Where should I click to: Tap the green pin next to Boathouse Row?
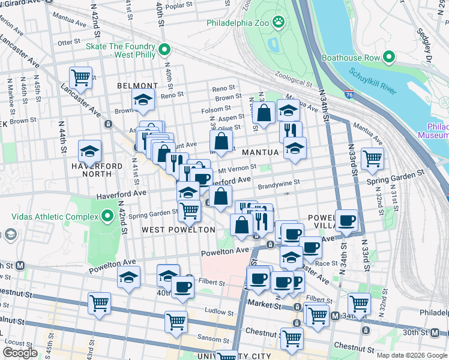pyautogui.click(x=388, y=58)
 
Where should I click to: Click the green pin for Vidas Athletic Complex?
pyautogui.click(x=107, y=215)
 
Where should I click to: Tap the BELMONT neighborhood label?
pyautogui.click(x=137, y=86)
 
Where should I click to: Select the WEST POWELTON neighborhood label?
pyautogui.click(x=178, y=230)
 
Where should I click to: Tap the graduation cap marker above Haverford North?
pyautogui.click(x=89, y=151)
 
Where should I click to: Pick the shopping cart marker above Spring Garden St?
pyautogui.click(x=372, y=158)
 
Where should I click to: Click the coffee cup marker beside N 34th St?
pyautogui.click(x=347, y=220)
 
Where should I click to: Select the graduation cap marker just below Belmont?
pyautogui.click(x=143, y=100)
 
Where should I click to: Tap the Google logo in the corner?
pyautogui.click(x=19, y=353)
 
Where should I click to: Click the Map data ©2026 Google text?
pyautogui.click(x=412, y=355)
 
